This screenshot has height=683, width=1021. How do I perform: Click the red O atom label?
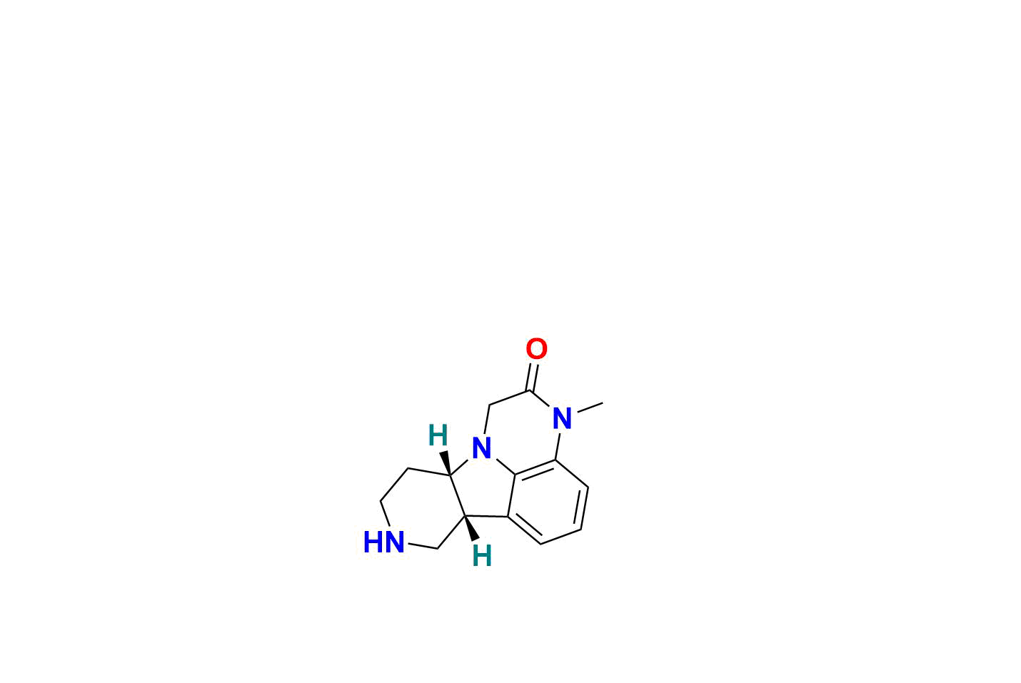click(x=536, y=349)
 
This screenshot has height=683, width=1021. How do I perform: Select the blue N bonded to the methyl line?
click(x=562, y=418)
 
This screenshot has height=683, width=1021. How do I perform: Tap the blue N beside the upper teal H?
click(x=481, y=448)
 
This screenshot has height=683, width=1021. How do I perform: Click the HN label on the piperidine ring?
click(x=384, y=542)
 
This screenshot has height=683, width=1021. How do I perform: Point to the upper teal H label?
click(x=438, y=435)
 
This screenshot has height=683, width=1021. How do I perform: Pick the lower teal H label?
click(x=482, y=556)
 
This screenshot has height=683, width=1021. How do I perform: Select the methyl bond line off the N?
click(x=590, y=408)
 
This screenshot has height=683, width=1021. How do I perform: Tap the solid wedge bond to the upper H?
click(x=446, y=463)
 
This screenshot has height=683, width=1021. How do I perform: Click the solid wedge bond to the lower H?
click(x=471, y=529)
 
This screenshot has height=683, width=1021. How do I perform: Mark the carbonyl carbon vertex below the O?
click(x=529, y=391)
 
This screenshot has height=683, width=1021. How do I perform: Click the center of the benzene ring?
click(x=548, y=504)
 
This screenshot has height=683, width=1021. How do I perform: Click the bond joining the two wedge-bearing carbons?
click(x=458, y=496)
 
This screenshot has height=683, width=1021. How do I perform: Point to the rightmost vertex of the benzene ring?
click(x=588, y=487)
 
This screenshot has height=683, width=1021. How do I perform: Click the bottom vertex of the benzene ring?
click(x=540, y=544)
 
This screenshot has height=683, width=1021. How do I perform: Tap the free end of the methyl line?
click(x=603, y=403)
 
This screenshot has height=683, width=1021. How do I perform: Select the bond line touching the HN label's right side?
click(x=423, y=546)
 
